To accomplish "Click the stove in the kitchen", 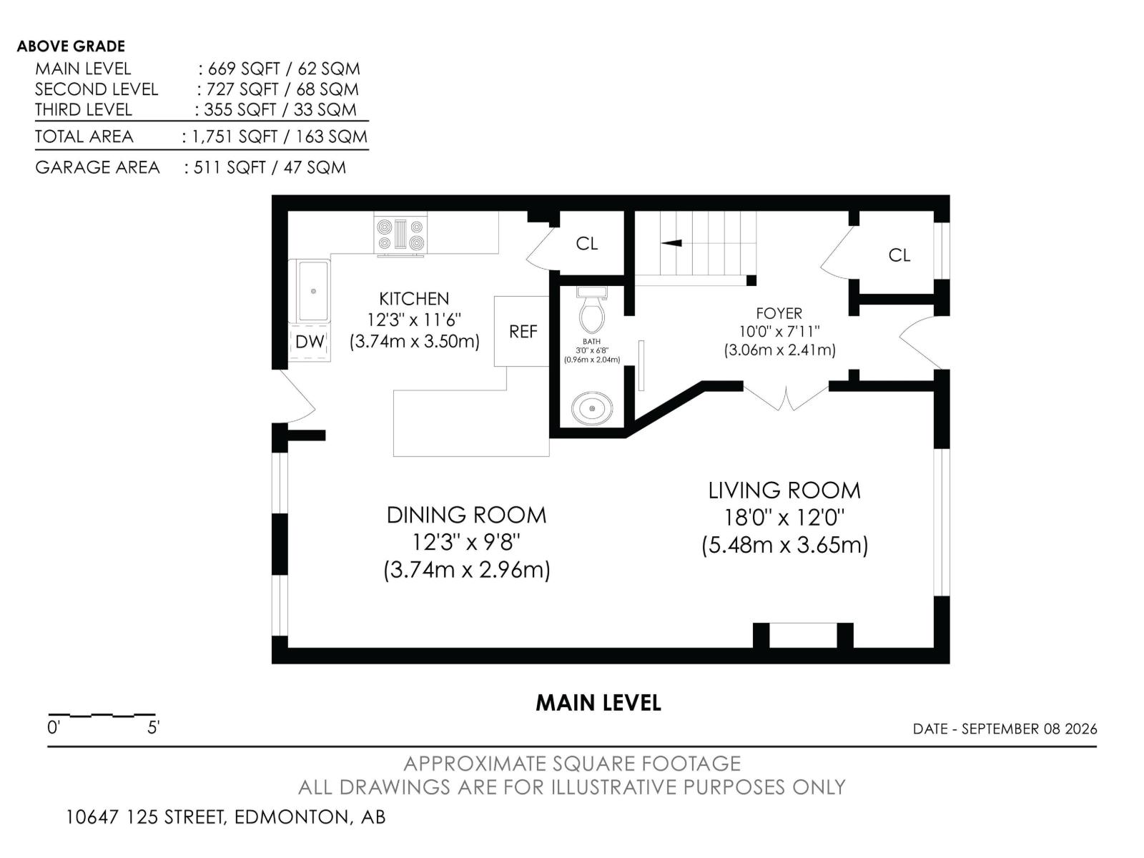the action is click(x=400, y=235).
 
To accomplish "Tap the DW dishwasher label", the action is click(x=310, y=342).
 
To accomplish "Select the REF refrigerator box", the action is click(x=521, y=331).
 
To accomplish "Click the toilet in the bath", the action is click(x=591, y=310).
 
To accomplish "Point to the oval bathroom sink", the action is click(x=591, y=409).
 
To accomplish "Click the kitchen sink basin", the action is click(x=312, y=292).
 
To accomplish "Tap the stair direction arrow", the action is click(x=671, y=243).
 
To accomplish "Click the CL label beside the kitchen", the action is click(x=586, y=243).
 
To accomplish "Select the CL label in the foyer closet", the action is click(x=899, y=255).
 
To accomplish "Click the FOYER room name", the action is click(x=779, y=313).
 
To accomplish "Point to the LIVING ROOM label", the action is click(x=784, y=490).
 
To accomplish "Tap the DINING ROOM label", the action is click(x=466, y=516).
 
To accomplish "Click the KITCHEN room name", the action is click(x=414, y=299).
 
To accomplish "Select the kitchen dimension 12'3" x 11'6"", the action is click(x=414, y=320).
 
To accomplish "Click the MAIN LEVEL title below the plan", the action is click(x=598, y=703).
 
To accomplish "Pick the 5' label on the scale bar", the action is click(x=153, y=727).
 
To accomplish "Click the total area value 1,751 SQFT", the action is click(x=235, y=137).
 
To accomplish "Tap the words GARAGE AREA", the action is click(x=97, y=167).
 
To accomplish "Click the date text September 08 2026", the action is click(x=1030, y=729).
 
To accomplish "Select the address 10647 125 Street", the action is click(x=147, y=817).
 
